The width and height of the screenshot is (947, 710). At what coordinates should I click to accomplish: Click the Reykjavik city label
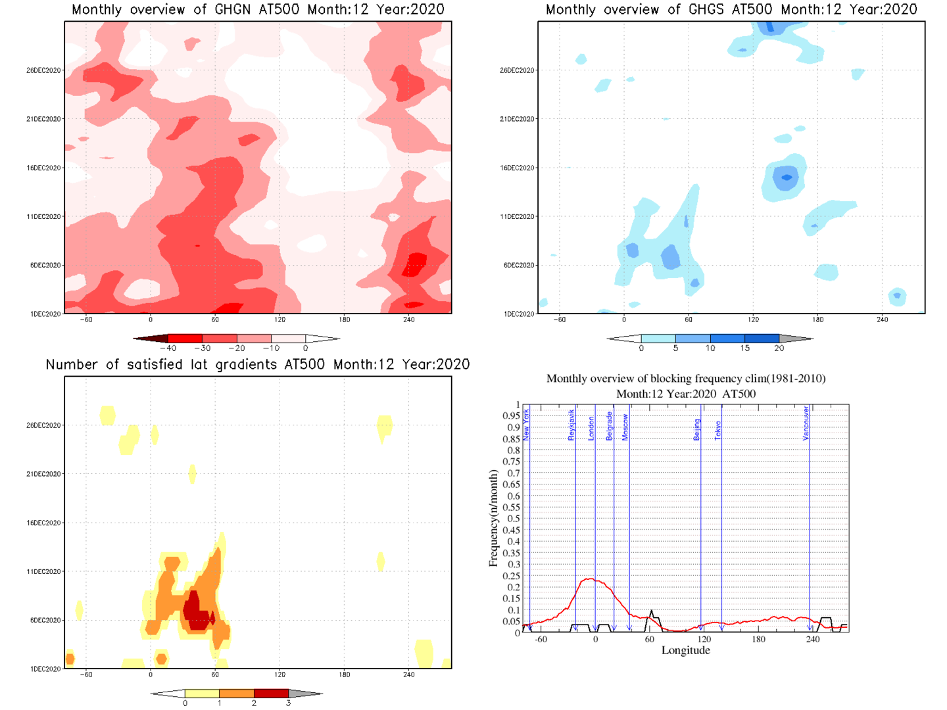571,425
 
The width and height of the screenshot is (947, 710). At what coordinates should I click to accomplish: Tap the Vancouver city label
806,423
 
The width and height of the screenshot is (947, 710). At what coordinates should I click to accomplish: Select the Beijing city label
697,429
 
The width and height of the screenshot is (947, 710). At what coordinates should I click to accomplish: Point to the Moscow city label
625,427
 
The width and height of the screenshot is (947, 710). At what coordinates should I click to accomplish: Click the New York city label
526,424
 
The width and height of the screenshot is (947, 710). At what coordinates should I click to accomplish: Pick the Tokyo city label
718,430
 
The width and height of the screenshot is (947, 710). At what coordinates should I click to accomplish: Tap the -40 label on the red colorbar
169,348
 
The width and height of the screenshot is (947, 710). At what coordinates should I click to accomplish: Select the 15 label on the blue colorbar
744,348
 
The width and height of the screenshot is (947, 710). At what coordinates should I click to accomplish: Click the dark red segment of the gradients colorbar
271,694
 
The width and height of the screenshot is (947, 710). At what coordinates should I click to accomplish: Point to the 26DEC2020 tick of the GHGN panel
43,70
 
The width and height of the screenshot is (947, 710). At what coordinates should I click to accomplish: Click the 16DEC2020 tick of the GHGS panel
517,168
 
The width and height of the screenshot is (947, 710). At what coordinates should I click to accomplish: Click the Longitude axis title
685,650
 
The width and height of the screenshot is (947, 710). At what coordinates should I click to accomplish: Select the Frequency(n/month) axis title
493,518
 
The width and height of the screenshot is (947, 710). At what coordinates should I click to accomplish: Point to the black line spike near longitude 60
652,612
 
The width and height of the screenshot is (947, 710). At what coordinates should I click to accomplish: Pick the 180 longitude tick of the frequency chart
758,639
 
